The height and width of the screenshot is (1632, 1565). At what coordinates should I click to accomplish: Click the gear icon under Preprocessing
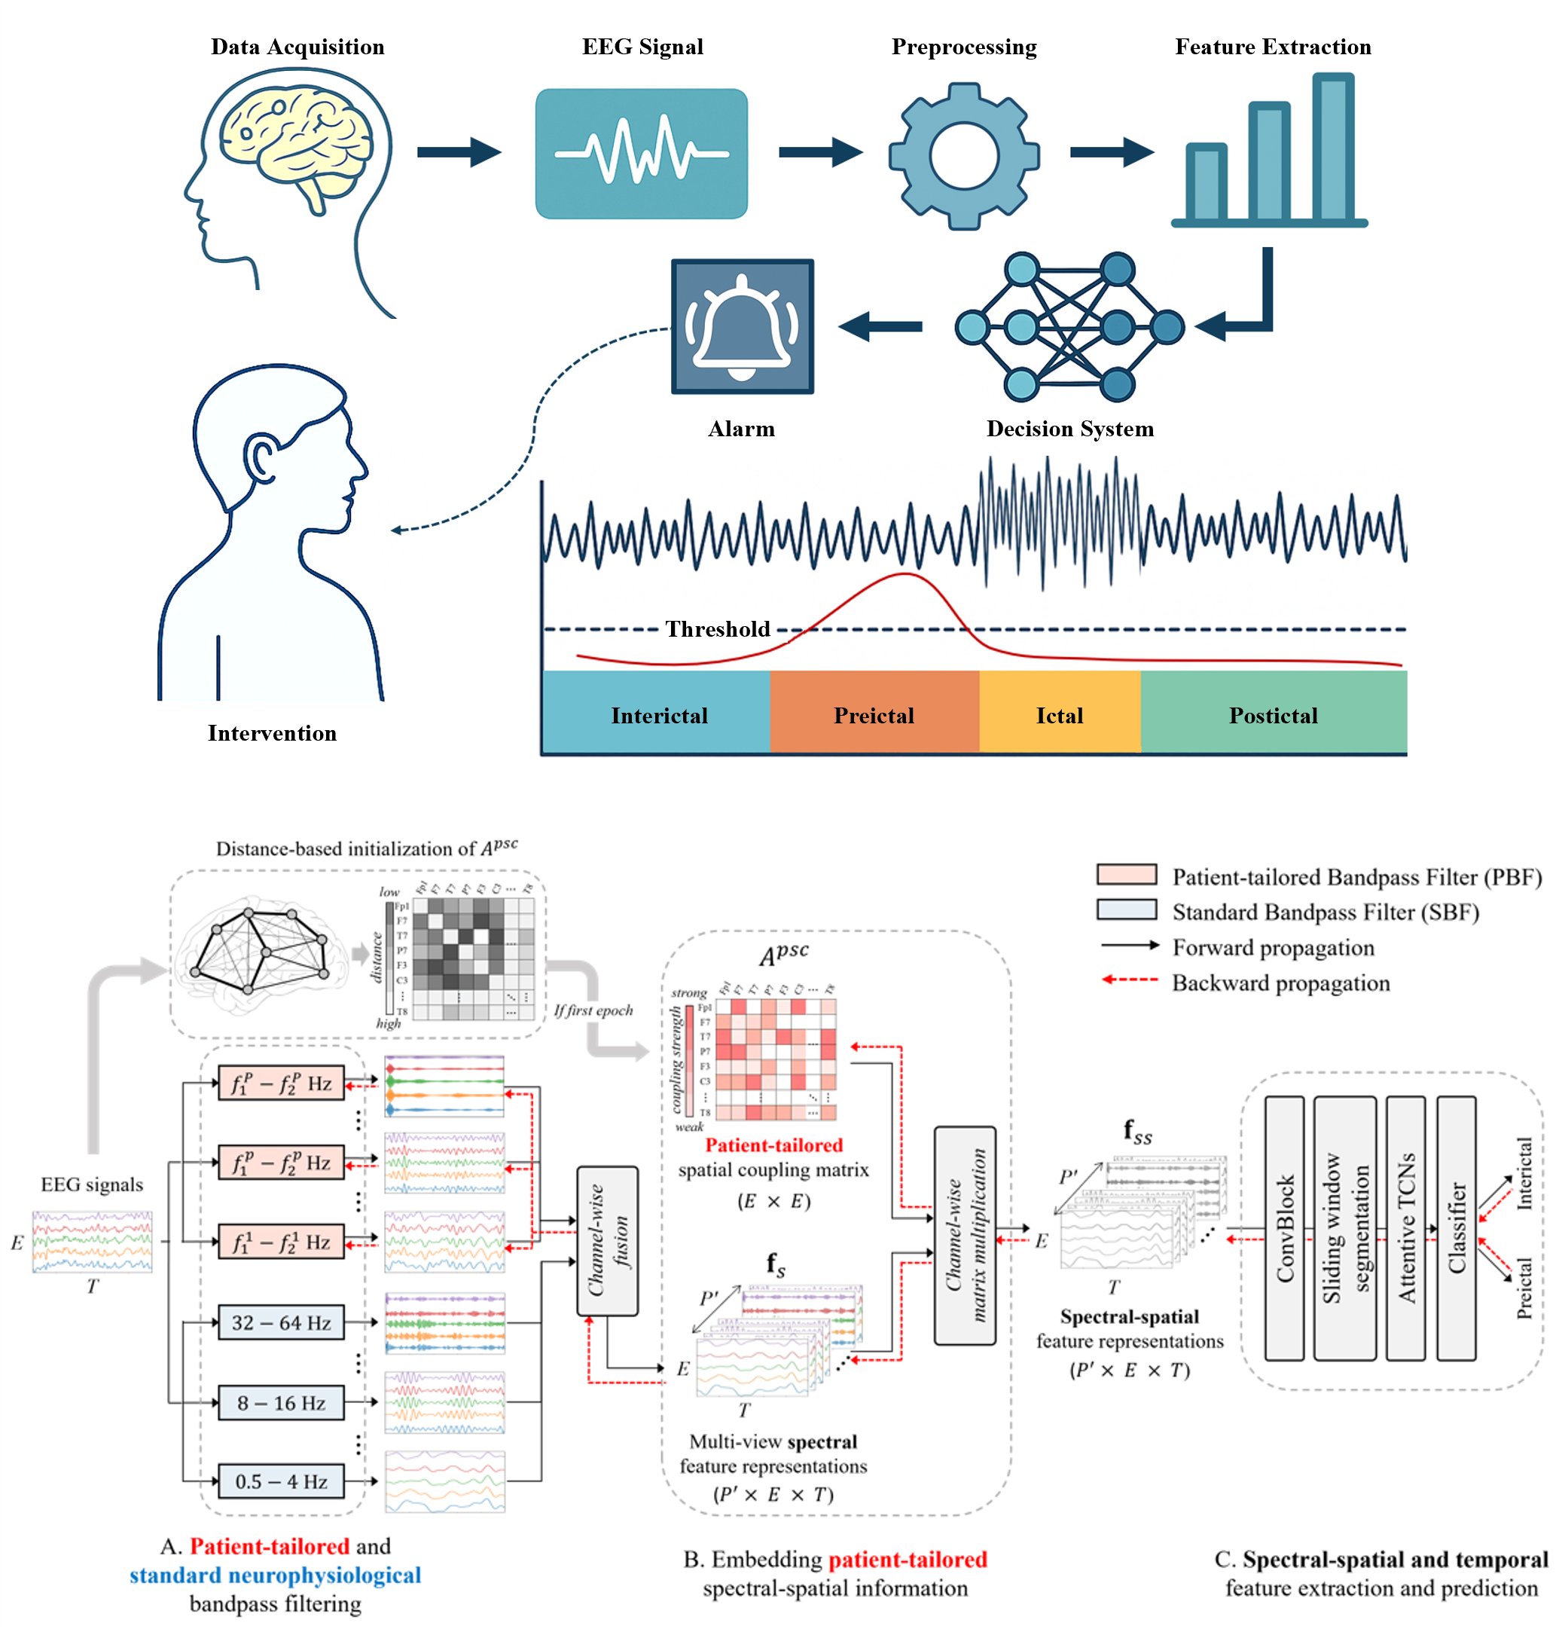click(963, 156)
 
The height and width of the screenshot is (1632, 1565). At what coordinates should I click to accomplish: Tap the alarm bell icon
click(741, 325)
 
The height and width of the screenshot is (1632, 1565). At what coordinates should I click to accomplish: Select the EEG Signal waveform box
click(641, 154)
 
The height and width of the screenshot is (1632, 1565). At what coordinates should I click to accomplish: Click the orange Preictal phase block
click(874, 712)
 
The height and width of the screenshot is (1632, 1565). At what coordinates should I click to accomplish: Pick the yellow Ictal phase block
click(1059, 712)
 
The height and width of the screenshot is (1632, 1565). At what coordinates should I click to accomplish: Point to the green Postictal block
click(1273, 712)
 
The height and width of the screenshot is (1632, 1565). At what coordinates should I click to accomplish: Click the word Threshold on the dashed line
click(718, 628)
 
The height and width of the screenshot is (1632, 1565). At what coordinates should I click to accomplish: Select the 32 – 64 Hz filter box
click(280, 1322)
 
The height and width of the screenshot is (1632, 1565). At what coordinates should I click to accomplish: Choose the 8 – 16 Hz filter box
click(280, 1402)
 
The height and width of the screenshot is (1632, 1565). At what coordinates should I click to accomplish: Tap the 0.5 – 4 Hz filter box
click(280, 1481)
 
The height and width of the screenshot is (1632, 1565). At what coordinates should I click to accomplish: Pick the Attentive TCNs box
click(1405, 1227)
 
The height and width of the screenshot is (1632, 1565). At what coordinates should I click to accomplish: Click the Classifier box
click(1456, 1227)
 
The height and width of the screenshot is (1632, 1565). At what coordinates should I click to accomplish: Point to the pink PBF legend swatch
click(1126, 874)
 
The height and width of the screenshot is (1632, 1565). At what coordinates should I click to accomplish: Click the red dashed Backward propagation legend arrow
click(1129, 980)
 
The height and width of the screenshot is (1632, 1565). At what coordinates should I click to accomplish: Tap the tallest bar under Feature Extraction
click(1333, 148)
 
